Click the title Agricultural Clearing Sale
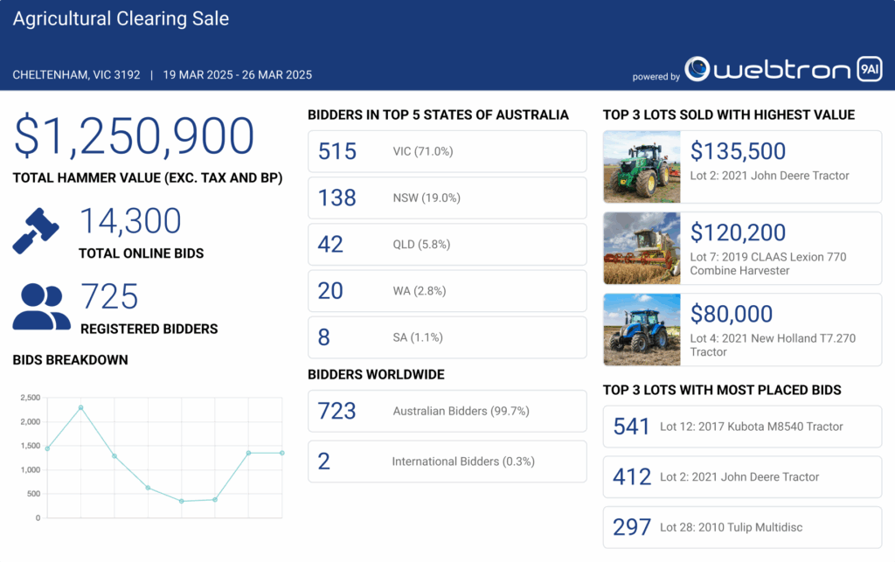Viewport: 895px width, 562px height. pyautogui.click(x=121, y=18)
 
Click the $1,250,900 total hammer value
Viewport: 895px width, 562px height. pyautogui.click(x=134, y=136)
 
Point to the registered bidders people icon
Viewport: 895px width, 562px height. pyautogui.click(x=41, y=306)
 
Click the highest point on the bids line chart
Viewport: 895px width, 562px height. pyautogui.click(x=80, y=407)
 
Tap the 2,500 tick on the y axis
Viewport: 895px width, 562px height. pyautogui.click(x=30, y=398)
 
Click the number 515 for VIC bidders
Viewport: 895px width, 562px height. pyautogui.click(x=337, y=151)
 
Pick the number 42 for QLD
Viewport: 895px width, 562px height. pyautogui.click(x=330, y=244)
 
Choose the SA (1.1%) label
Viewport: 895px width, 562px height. pyautogui.click(x=418, y=337)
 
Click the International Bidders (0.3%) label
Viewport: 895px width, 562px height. pyautogui.click(x=463, y=461)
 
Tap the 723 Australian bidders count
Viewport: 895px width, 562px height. pyautogui.click(x=337, y=411)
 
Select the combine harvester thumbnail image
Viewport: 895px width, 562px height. pyautogui.click(x=642, y=248)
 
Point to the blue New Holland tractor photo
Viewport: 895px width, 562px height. pyautogui.click(x=642, y=330)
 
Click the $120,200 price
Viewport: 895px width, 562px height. pyautogui.click(x=739, y=232)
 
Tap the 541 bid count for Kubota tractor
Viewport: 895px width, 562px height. pyautogui.click(x=632, y=427)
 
